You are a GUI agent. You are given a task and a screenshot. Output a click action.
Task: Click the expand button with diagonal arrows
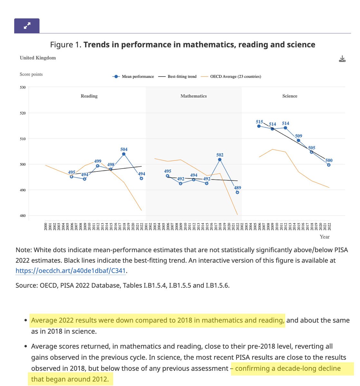click(x=27, y=26)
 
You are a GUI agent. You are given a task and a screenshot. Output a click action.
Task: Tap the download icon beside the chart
click(x=342, y=59)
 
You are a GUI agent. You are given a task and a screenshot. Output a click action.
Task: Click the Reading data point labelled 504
click(x=124, y=154)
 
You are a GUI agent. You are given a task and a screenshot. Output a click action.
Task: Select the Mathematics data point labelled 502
click(x=220, y=160)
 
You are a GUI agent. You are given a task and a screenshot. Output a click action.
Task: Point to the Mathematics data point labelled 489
click(x=237, y=192)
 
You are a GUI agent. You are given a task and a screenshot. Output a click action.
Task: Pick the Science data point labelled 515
click(x=259, y=126)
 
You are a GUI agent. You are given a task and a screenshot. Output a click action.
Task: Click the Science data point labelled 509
click(x=298, y=140)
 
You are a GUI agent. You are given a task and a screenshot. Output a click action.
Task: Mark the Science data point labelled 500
click(x=329, y=165)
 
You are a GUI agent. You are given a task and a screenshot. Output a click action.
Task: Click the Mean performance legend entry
click(x=134, y=77)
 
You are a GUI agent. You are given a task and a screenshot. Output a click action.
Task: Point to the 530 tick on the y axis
click(x=23, y=87)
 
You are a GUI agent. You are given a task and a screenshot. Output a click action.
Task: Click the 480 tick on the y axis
click(x=23, y=216)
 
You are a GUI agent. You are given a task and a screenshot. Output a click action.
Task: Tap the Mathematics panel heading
click(x=194, y=96)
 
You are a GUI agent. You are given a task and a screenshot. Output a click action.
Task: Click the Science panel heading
click(x=290, y=96)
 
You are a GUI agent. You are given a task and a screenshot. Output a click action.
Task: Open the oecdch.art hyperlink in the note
click(x=71, y=271)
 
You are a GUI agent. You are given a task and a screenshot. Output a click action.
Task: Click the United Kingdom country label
click(x=38, y=58)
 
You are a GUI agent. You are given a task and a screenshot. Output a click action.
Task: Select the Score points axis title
click(x=31, y=74)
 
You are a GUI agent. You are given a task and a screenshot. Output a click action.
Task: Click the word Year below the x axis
click(x=325, y=237)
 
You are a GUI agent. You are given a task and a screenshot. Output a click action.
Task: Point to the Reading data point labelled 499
click(x=98, y=166)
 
